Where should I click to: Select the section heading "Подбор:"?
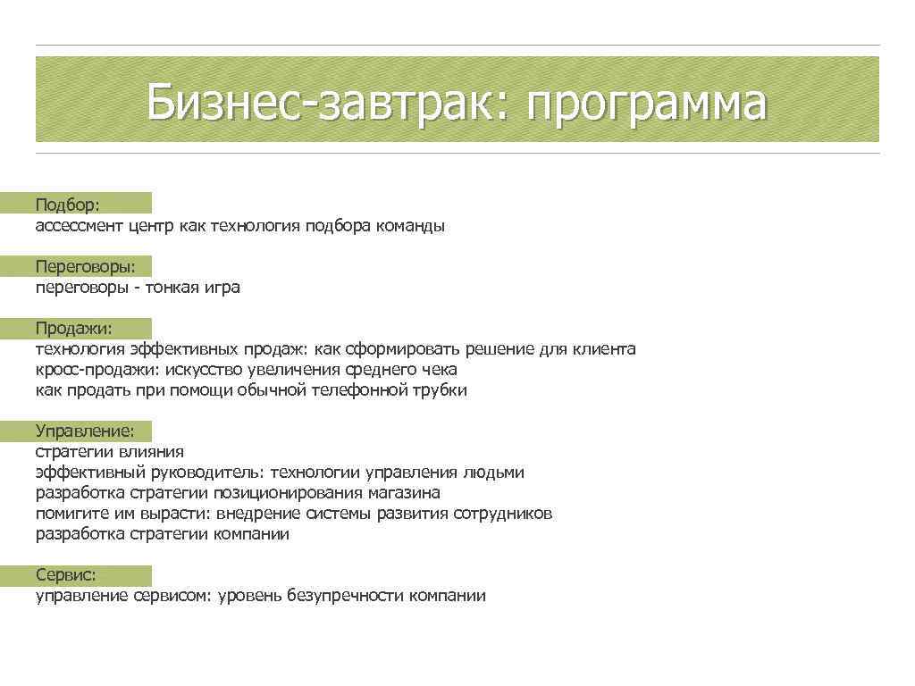(x=68, y=205)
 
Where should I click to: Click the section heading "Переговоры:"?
(x=86, y=267)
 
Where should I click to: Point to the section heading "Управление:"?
(x=85, y=431)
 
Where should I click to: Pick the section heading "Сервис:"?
(x=66, y=575)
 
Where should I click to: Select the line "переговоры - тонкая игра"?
(x=138, y=288)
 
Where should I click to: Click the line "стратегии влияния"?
(x=109, y=452)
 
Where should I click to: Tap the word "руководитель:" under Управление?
(x=211, y=473)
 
